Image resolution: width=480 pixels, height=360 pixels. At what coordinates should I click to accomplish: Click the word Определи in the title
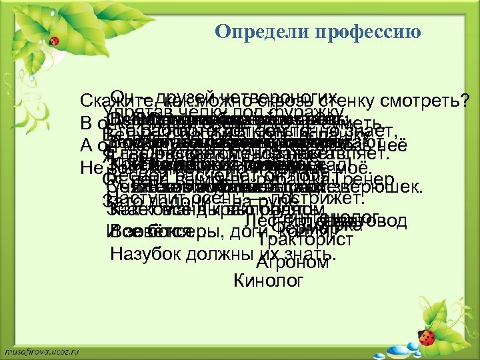[x=250, y=33]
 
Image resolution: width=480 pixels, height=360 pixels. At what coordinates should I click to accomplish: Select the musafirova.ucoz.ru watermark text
[x=44, y=349]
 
